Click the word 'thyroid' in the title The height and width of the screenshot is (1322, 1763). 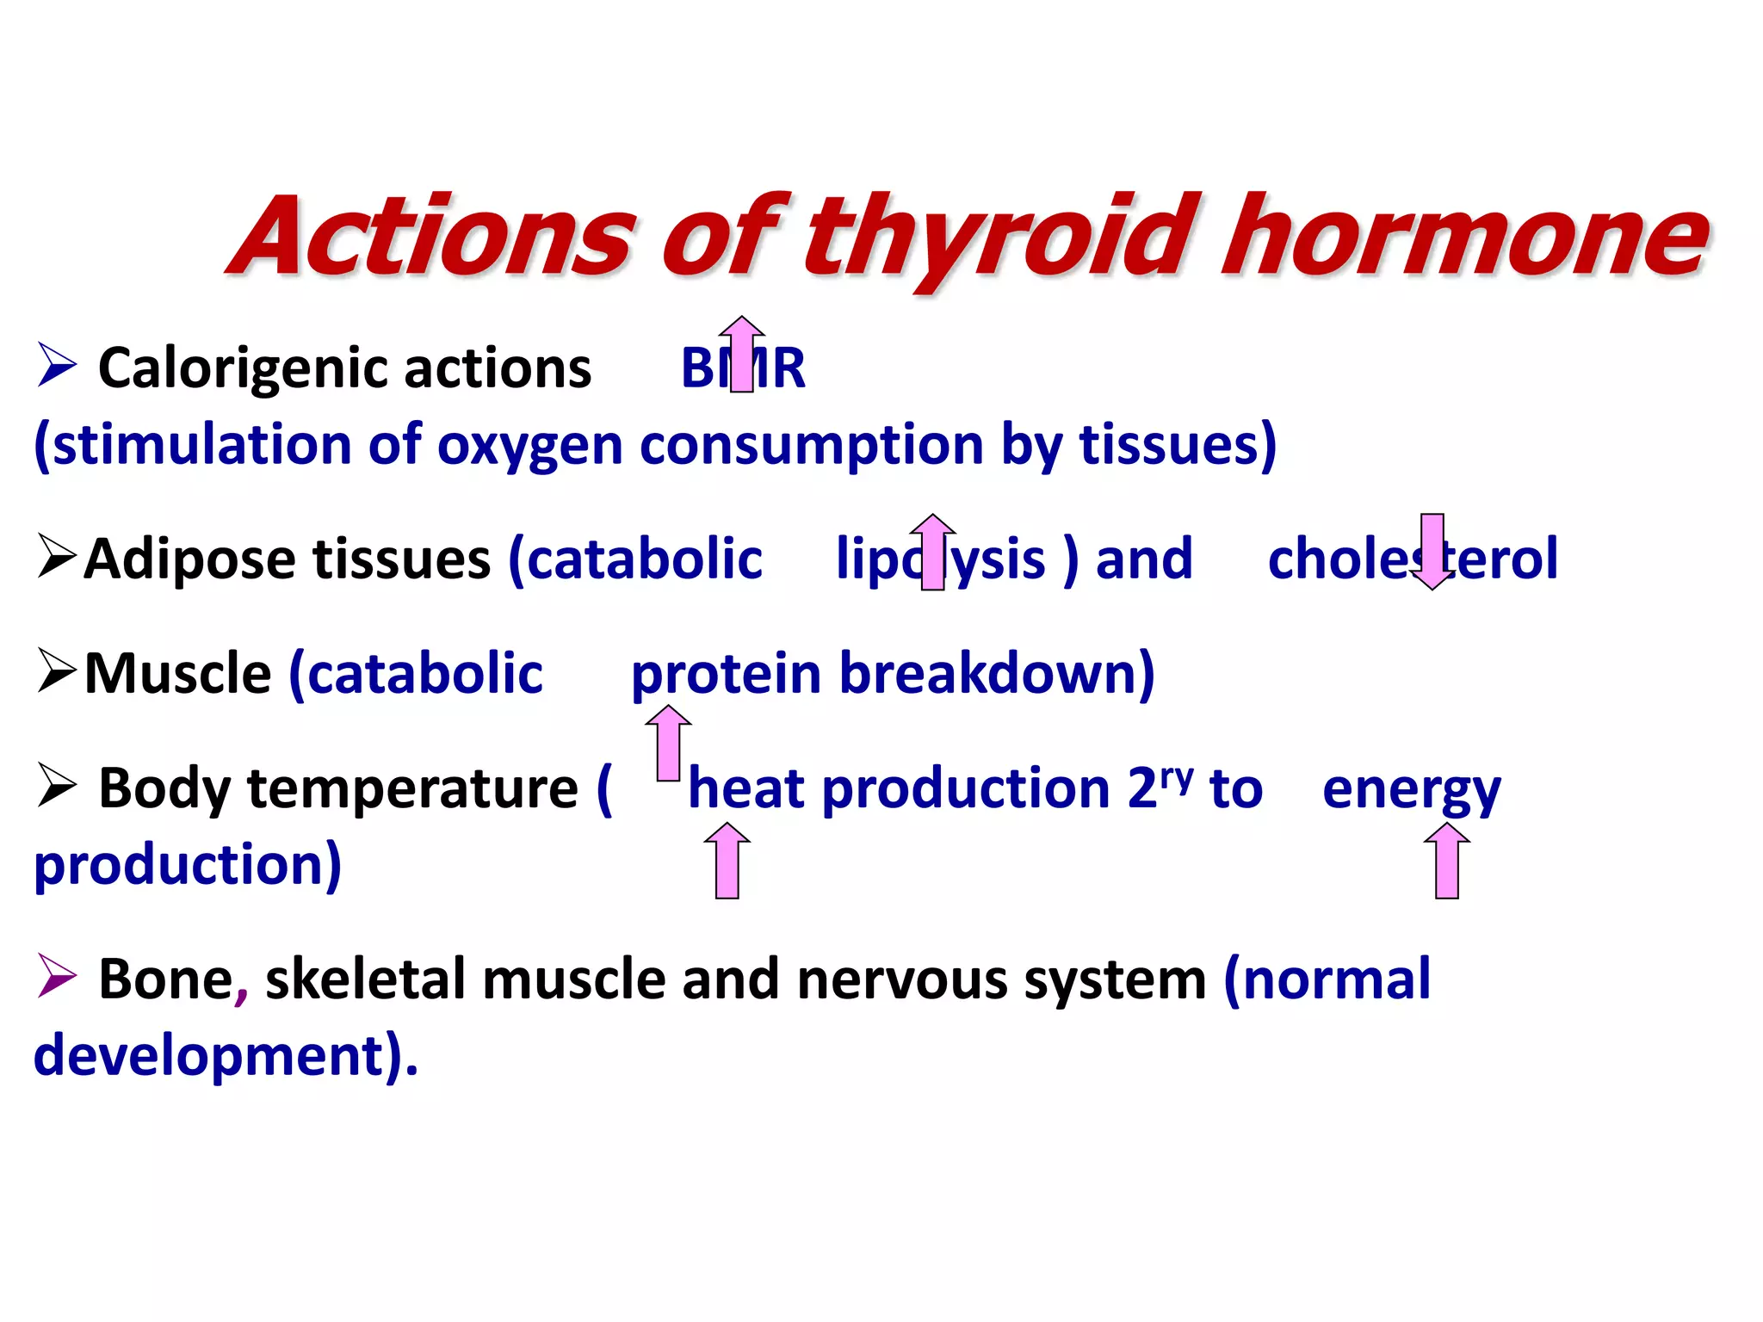[999, 237]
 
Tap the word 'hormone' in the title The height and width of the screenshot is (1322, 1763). [1463, 237]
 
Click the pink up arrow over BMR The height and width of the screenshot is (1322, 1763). [741, 353]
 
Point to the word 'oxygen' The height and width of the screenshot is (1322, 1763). [529, 446]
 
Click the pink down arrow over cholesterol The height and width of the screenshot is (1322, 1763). [1432, 552]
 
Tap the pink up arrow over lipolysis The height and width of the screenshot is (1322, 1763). [932, 552]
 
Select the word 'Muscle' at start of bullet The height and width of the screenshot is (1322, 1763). [177, 673]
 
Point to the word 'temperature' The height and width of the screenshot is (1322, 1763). [412, 788]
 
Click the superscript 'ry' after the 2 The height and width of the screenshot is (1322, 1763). [1177, 777]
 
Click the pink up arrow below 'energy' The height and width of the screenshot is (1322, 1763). [1446, 861]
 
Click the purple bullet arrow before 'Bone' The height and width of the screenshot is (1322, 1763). [57, 977]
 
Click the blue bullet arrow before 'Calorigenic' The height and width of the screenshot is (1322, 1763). [57, 365]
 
